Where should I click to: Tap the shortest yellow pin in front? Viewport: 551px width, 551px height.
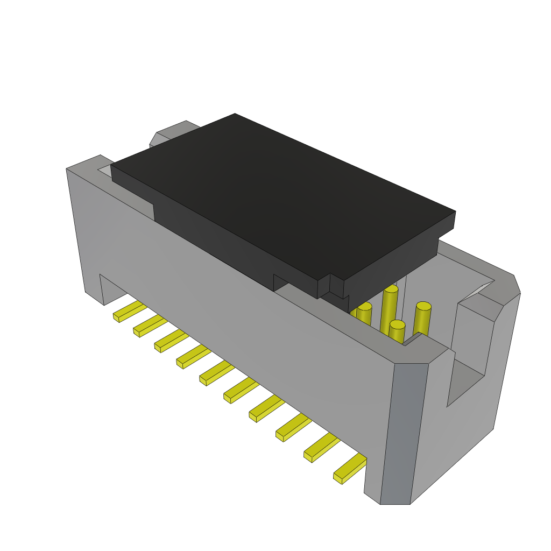coord(397,331)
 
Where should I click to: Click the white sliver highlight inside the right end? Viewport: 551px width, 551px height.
coord(476,291)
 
